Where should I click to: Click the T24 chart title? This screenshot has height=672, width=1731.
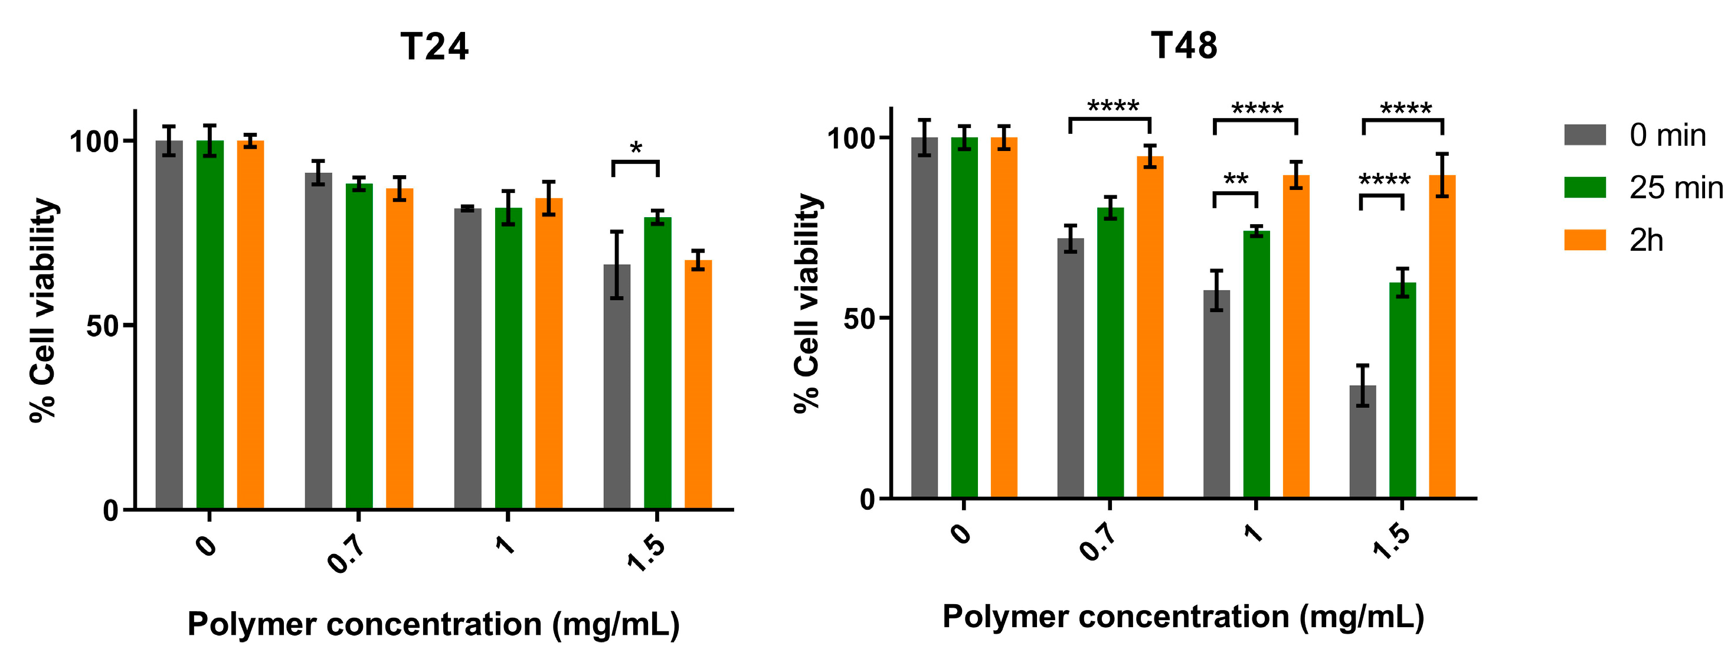pyautogui.click(x=434, y=47)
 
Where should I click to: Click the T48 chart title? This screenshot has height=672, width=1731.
pyautogui.click(x=1184, y=45)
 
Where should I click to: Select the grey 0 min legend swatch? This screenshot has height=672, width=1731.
pyautogui.click(x=1585, y=135)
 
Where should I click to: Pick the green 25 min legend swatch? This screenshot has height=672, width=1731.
pyautogui.click(x=1585, y=188)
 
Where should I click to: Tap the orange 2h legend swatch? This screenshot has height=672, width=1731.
pyautogui.click(x=1585, y=240)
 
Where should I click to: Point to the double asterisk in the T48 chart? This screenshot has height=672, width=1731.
pyautogui.click(x=1236, y=180)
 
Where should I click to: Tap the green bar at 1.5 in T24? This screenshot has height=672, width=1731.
pyautogui.click(x=657, y=363)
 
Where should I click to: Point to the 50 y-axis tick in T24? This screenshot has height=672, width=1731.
pyautogui.click(x=103, y=326)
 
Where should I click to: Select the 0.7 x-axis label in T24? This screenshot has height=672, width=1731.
pyautogui.click(x=347, y=552)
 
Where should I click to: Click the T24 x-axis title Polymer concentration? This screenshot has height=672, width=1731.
pyautogui.click(x=433, y=624)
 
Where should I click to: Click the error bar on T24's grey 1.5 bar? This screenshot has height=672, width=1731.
pyautogui.click(x=617, y=265)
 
